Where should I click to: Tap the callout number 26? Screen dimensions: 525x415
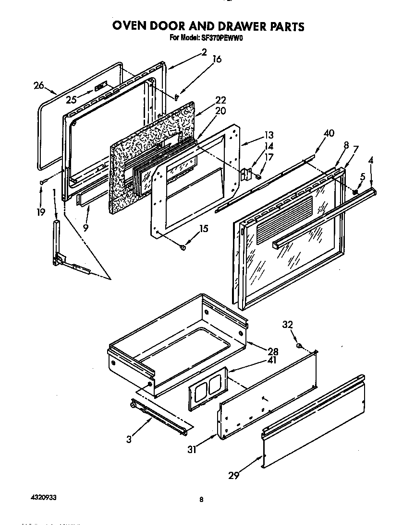(39, 85)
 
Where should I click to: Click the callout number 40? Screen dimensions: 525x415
(329, 133)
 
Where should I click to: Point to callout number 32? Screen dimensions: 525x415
(287, 325)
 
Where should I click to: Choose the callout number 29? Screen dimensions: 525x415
(234, 475)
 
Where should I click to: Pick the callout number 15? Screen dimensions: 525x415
(204, 229)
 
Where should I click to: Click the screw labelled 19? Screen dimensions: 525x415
(43, 181)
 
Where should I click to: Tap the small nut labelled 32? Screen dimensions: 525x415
(299, 346)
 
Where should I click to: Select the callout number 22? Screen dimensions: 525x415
(220, 100)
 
